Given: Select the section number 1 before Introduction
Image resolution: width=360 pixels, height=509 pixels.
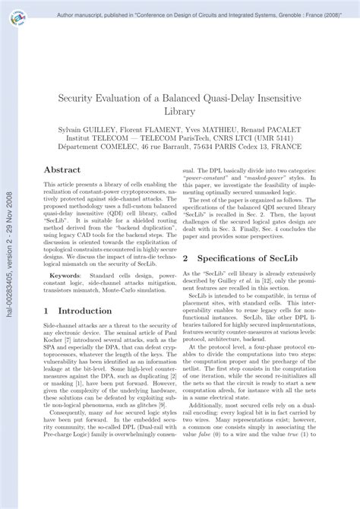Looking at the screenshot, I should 47,311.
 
